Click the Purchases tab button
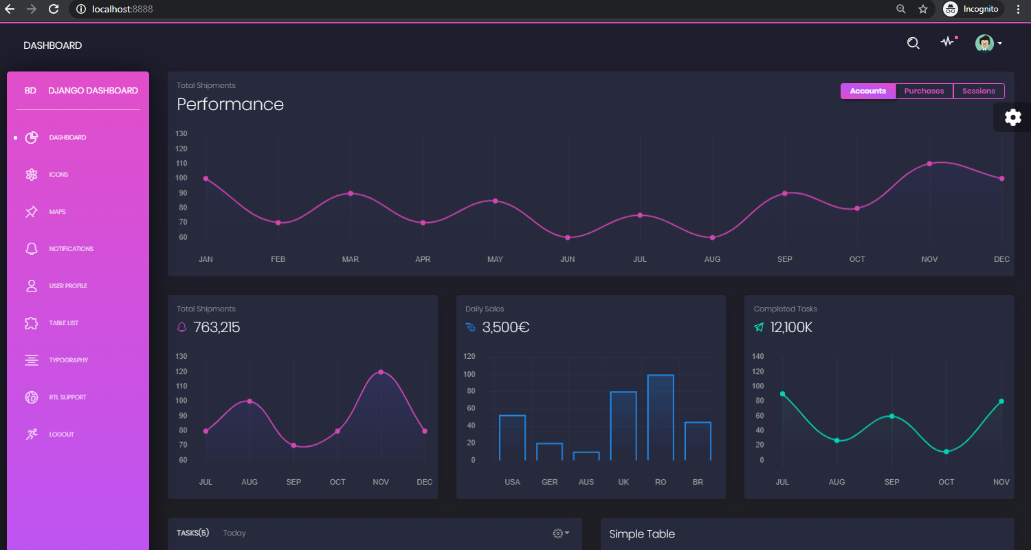pyautogui.click(x=924, y=91)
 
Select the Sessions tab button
pyautogui.click(x=978, y=91)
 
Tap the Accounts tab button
pyautogui.click(x=867, y=91)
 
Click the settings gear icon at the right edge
pyautogui.click(x=1012, y=117)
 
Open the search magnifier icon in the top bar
pyautogui.click(x=913, y=43)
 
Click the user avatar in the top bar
pyautogui.click(x=984, y=43)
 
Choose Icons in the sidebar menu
pyautogui.click(x=58, y=175)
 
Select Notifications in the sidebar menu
pyautogui.click(x=71, y=249)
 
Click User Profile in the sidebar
pyautogui.click(x=67, y=286)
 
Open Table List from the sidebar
pyautogui.click(x=63, y=323)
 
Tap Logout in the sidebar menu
pyautogui.click(x=61, y=434)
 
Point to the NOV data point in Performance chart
pyautogui.click(x=929, y=164)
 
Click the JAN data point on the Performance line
pyautogui.click(x=206, y=179)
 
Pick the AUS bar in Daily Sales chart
pyautogui.click(x=586, y=456)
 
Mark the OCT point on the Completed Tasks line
pyautogui.click(x=946, y=452)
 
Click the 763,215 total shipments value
pyautogui.click(x=217, y=327)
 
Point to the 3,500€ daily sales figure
pyautogui.click(x=506, y=327)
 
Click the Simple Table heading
pyautogui.click(x=642, y=534)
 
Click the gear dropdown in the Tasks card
pyautogui.click(x=561, y=533)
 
